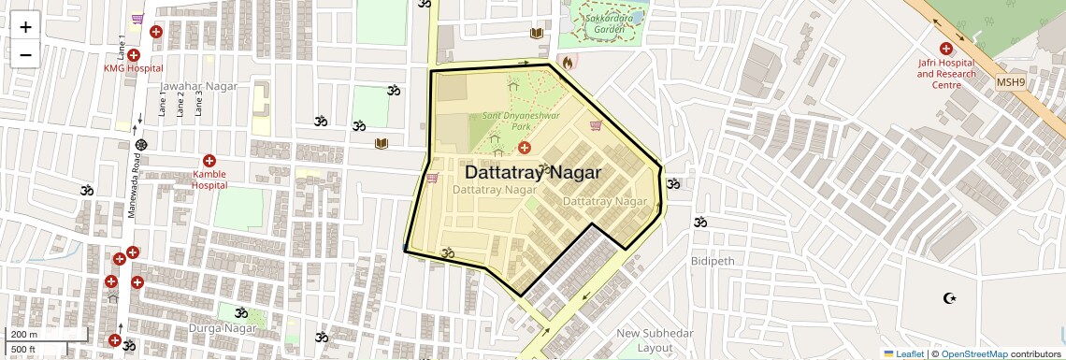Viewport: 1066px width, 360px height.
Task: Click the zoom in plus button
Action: tap(25, 27)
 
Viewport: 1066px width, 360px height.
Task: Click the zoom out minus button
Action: tap(25, 55)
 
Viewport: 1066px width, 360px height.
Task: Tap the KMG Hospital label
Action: tap(133, 68)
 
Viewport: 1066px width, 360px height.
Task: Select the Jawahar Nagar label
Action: tap(198, 86)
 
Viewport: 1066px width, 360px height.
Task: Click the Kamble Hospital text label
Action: tap(209, 180)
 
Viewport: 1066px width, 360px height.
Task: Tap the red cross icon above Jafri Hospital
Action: tap(945, 49)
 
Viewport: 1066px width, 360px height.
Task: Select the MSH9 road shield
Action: tap(1010, 82)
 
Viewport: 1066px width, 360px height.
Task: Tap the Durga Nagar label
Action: tap(247, 329)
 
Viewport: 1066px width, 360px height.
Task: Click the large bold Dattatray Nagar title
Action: tap(532, 173)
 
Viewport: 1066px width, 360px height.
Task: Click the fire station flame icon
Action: tap(567, 63)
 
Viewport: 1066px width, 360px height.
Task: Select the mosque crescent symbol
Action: tap(950, 298)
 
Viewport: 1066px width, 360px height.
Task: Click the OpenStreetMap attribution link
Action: tap(973, 353)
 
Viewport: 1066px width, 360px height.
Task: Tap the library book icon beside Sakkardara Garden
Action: tap(537, 35)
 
